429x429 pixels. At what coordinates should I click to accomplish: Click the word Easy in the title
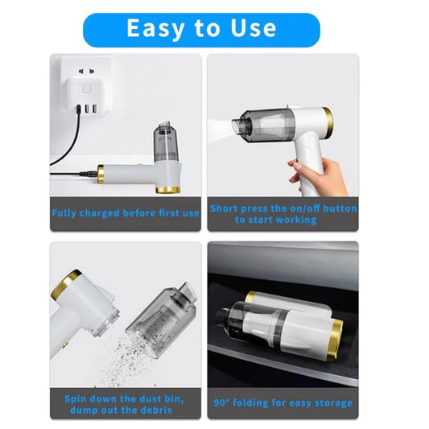pos(156,28)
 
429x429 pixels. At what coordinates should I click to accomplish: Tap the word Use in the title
pos(249,28)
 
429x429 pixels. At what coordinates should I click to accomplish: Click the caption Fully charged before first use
pos(125,213)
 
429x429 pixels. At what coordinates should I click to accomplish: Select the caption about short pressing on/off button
pos(283,213)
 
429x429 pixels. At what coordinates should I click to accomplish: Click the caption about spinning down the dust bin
pos(125,403)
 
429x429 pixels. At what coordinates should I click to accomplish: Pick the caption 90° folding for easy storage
pos(283,402)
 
